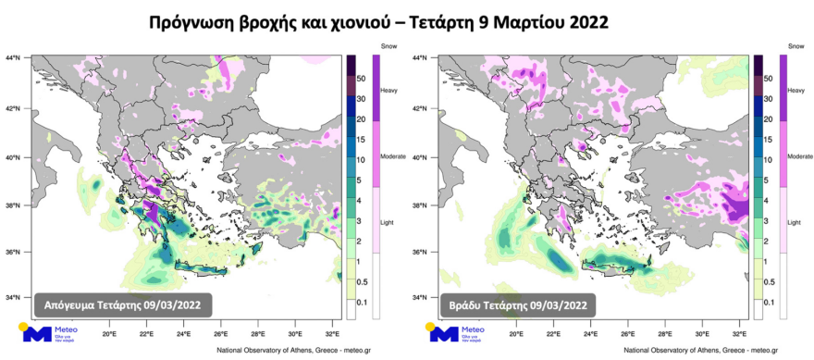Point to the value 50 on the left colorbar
[x=361, y=81]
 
